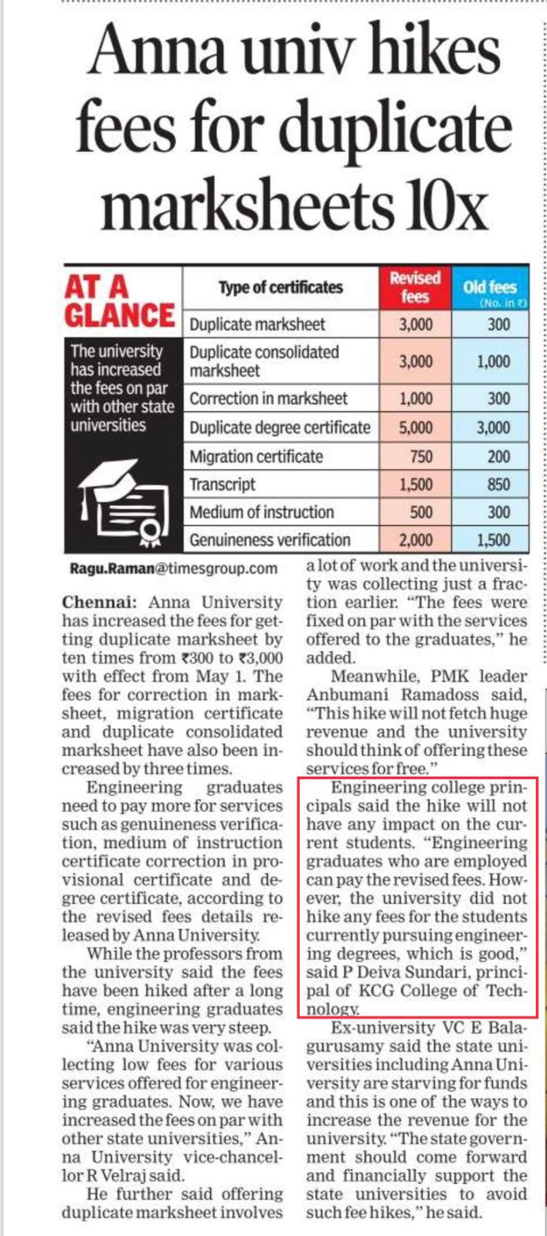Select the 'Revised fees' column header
[x=415, y=287]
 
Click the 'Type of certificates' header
[x=280, y=287]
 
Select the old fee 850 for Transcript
[x=498, y=484]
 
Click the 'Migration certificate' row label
[x=256, y=457]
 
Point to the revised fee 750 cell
[x=420, y=457]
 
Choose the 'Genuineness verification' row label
[x=270, y=539]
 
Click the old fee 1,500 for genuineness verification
[x=493, y=539]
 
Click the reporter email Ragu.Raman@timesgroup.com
[x=173, y=569]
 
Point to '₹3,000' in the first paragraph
[x=260, y=658]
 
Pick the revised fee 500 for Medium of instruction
[x=421, y=512]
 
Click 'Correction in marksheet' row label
[x=268, y=399]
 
